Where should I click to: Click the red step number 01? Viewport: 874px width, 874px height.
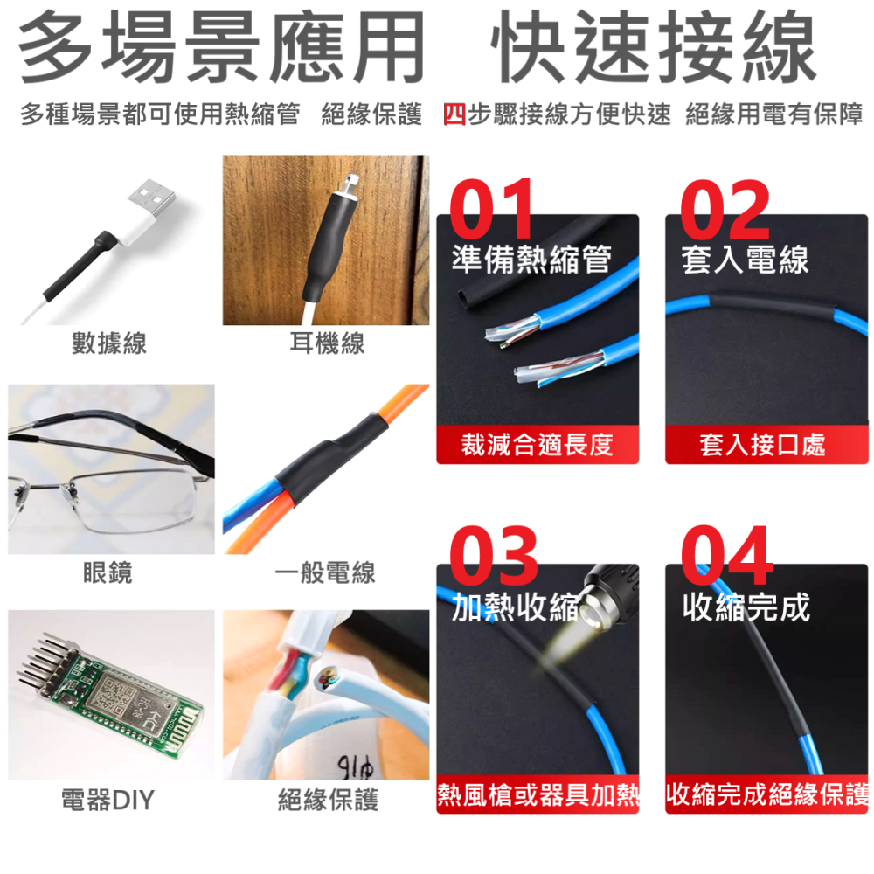[x=492, y=211]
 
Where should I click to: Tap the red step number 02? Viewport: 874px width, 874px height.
[x=725, y=211]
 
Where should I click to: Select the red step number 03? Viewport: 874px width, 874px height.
[x=494, y=557]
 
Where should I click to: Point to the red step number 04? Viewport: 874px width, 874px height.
[x=727, y=557]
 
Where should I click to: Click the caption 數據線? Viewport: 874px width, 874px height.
[x=109, y=343]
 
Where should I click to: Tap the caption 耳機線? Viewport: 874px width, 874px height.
[x=327, y=343]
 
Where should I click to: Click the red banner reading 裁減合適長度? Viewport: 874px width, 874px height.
[x=538, y=445]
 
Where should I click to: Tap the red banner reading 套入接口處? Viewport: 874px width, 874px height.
[x=762, y=445]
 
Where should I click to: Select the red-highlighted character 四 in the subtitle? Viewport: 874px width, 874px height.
[x=454, y=114]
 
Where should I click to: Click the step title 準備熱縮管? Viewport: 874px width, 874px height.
[x=531, y=259]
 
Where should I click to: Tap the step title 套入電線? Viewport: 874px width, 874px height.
[x=745, y=259]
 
